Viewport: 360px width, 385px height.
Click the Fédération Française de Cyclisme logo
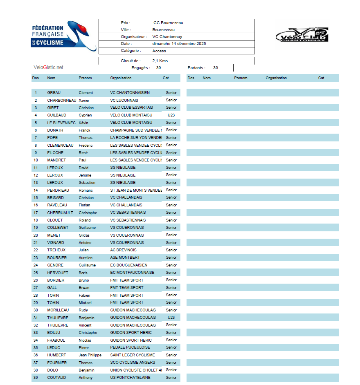click(x=63, y=36)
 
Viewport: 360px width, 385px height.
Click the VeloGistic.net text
click(x=48, y=67)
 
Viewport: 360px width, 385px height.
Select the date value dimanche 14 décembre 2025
click(x=179, y=44)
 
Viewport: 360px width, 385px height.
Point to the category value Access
click(x=159, y=51)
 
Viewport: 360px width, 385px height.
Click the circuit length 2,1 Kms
click(x=160, y=61)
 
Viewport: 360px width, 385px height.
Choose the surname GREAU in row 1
click(x=54, y=93)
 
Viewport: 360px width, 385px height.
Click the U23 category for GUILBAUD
click(x=171, y=115)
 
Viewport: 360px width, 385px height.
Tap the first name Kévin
click(x=84, y=123)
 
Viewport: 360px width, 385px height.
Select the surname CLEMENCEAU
click(x=60, y=145)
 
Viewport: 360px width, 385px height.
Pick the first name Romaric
click(x=85, y=190)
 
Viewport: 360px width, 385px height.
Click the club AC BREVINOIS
click(x=123, y=250)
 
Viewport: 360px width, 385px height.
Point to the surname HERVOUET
click(x=58, y=273)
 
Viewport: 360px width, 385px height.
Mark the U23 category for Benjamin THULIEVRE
click(x=171, y=318)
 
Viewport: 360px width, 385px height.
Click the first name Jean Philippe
click(x=90, y=355)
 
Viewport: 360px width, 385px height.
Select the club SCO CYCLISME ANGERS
click(x=133, y=363)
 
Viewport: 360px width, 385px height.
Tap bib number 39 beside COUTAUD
click(x=36, y=378)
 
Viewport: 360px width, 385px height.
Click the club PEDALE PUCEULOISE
click(x=130, y=348)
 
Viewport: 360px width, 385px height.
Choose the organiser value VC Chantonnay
click(x=167, y=37)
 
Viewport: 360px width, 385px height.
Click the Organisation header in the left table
click(x=121, y=78)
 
